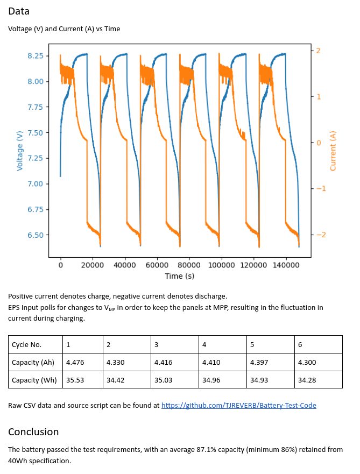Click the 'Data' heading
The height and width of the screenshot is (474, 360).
(x=19, y=11)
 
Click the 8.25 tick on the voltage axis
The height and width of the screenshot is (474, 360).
(x=35, y=55)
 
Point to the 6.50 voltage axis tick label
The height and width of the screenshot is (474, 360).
(x=35, y=235)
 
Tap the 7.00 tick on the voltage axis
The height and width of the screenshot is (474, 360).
(x=35, y=184)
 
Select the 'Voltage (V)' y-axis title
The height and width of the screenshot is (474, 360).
(x=20, y=151)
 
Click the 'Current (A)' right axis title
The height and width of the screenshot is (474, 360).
(x=333, y=151)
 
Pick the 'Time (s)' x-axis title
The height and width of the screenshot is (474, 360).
(x=179, y=275)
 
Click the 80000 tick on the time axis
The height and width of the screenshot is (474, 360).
(x=189, y=265)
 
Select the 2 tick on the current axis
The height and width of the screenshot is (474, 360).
(x=319, y=51)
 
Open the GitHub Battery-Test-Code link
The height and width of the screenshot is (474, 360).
(x=238, y=405)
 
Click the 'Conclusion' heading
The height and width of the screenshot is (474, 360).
(x=33, y=431)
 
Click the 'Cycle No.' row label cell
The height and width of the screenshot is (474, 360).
(x=27, y=344)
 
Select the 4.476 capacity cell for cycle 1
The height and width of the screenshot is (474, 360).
(x=75, y=362)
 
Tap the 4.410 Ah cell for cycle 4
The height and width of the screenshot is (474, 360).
(x=211, y=362)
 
